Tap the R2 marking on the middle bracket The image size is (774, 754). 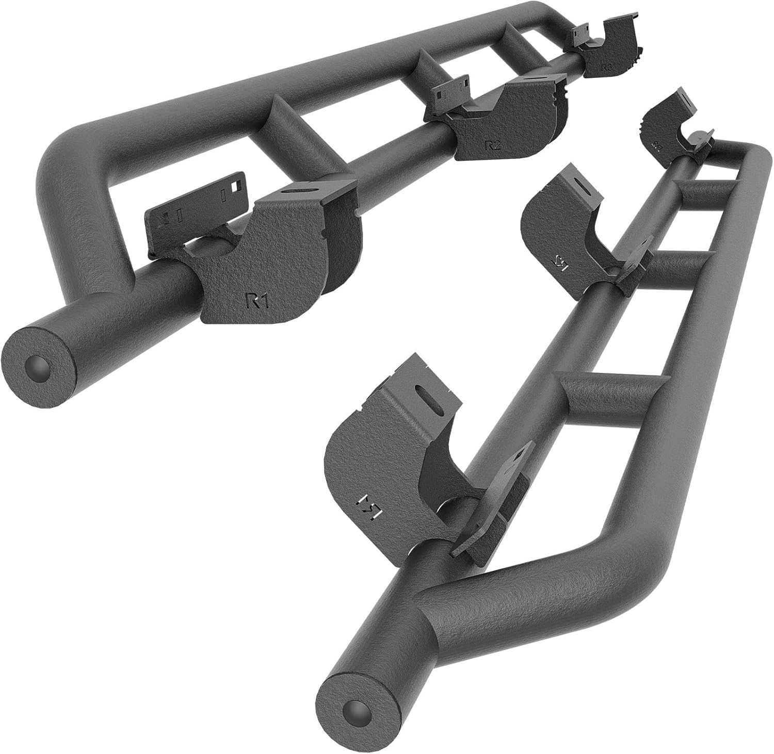tap(493, 145)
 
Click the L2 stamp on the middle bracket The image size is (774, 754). tap(561, 264)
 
